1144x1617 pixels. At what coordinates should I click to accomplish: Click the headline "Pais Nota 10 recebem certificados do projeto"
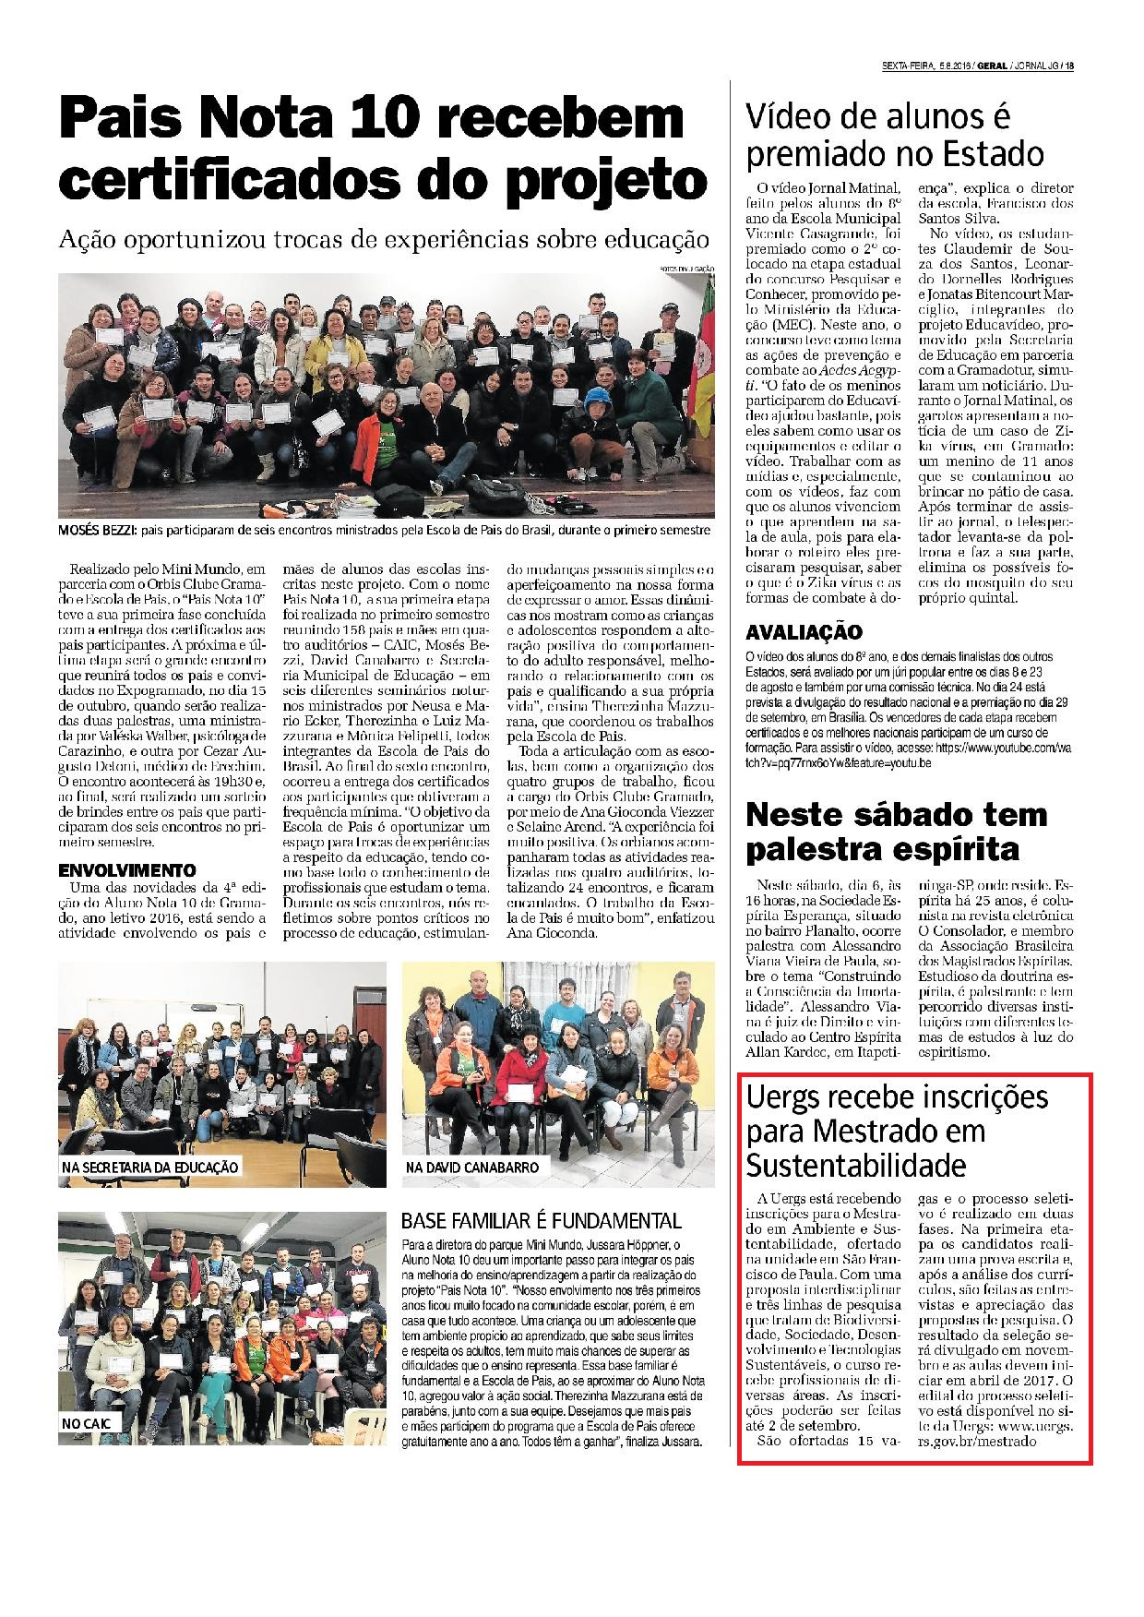pos(383,148)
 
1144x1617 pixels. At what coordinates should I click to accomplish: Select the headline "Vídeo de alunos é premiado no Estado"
pos(895,135)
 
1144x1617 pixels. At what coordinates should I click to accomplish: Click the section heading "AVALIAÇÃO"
pos(804,632)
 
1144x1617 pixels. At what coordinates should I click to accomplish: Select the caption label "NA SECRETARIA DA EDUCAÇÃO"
pos(150,1168)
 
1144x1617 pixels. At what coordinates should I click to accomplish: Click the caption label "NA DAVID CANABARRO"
pos(471,1168)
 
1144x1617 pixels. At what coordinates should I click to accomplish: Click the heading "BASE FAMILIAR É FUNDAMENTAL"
pos(542,1221)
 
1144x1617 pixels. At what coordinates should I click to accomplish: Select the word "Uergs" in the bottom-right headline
pos(781,1099)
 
